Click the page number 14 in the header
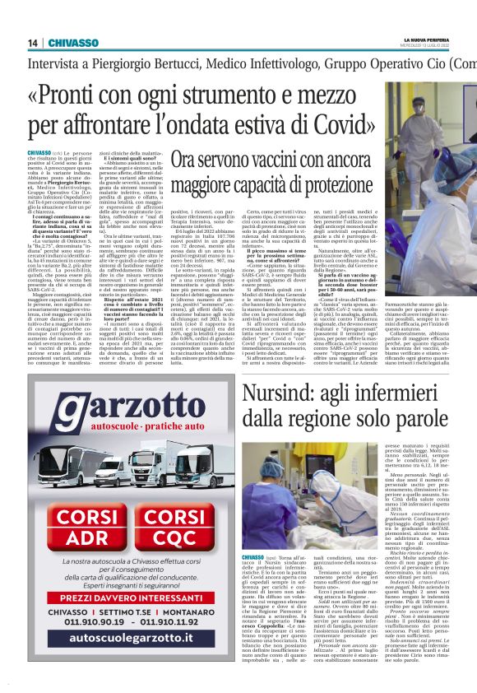tap(34, 43)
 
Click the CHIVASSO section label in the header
tap(74, 43)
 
